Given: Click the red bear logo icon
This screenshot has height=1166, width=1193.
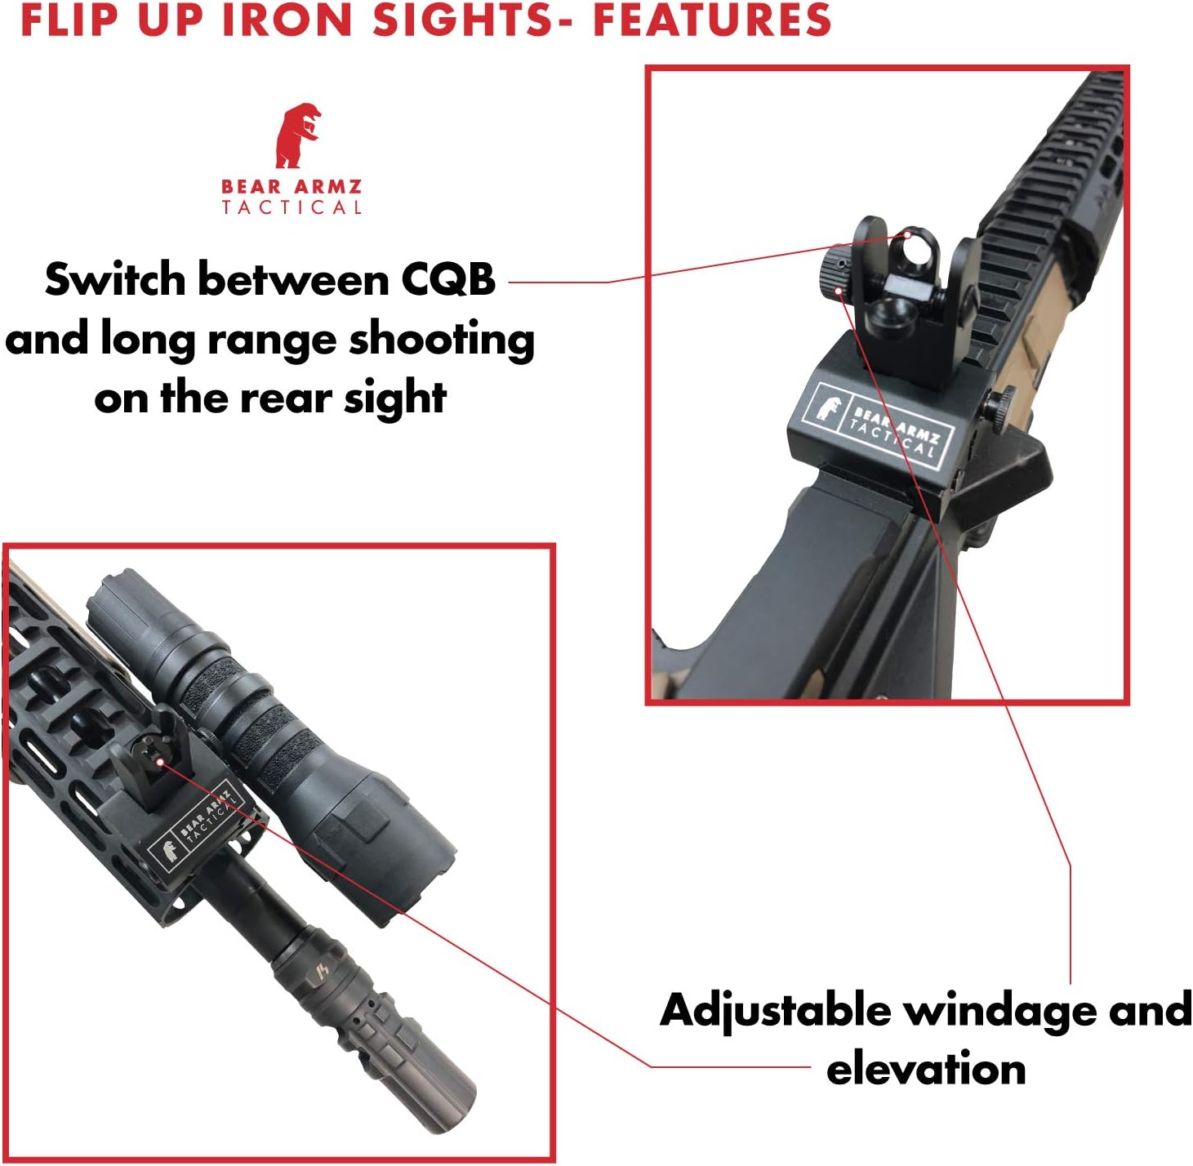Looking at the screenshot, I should [296, 136].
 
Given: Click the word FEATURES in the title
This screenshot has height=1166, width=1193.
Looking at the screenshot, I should [711, 20].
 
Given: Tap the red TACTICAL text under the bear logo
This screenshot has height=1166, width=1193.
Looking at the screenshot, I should [292, 207].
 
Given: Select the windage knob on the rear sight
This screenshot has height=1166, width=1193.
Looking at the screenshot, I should [834, 269].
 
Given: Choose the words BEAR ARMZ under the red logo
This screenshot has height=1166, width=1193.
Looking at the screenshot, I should [292, 187].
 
